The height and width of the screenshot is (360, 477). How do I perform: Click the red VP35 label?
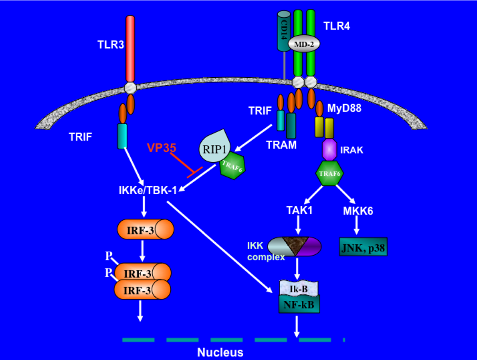(160, 148)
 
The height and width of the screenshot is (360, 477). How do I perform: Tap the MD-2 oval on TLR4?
(303, 44)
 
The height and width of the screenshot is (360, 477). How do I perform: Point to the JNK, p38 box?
(363, 247)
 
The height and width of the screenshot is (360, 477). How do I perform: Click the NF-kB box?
(299, 304)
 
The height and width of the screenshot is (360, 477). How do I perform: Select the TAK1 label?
(299, 210)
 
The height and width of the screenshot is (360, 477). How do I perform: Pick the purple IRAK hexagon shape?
(329, 149)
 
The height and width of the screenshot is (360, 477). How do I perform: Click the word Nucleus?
(220, 352)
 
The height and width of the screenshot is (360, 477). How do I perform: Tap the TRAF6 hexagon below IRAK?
(330, 175)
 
